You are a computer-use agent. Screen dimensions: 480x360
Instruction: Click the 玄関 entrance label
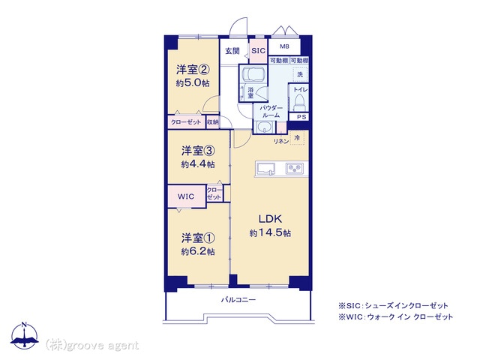232,51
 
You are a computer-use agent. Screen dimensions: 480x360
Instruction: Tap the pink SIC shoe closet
258,51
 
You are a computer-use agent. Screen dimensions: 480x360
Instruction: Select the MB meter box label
284,46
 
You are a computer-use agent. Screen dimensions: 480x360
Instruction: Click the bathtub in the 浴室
253,73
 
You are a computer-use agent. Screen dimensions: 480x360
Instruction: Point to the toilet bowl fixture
298,102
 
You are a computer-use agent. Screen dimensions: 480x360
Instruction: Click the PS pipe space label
301,117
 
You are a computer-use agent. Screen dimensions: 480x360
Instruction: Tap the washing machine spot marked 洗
300,74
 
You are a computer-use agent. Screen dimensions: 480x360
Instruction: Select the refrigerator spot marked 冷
297,138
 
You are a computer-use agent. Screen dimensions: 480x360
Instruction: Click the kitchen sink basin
265,169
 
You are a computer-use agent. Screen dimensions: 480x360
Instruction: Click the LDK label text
270,219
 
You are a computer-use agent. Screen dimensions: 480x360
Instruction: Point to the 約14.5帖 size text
270,233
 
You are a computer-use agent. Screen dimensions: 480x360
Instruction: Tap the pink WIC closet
187,196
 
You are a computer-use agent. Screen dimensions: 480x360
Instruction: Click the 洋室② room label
193,70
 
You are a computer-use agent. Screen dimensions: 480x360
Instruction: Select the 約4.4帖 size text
198,164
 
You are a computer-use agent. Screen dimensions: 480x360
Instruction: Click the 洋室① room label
198,238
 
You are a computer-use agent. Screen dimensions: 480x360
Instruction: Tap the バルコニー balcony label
238,300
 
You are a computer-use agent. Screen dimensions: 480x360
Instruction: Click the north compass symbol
25,336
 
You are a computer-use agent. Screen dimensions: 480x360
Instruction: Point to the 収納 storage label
213,122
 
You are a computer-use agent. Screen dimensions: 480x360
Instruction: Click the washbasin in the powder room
263,127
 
